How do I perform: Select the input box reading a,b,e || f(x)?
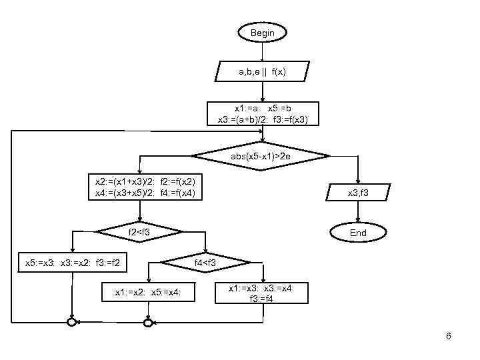pyautogui.click(x=262, y=71)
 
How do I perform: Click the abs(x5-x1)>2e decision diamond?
pyautogui.click(x=261, y=156)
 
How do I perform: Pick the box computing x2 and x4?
pyautogui.click(x=140, y=187)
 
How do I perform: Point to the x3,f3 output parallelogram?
pyautogui.click(x=359, y=193)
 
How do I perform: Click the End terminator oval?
pyautogui.click(x=358, y=233)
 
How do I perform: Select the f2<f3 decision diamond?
pyautogui.click(x=139, y=232)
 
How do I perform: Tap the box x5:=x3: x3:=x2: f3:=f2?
pyautogui.click(x=72, y=263)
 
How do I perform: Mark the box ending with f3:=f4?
pyautogui.click(x=263, y=293)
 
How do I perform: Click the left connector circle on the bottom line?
pyautogui.click(x=71, y=323)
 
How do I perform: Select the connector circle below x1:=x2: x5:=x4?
pyautogui.click(x=148, y=323)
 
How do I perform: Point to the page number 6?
pyautogui.click(x=449, y=336)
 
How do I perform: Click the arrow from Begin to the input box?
pyautogui.click(x=262, y=52)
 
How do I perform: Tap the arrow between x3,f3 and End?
pyautogui.click(x=359, y=213)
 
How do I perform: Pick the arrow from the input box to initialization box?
pyautogui.click(x=263, y=91)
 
